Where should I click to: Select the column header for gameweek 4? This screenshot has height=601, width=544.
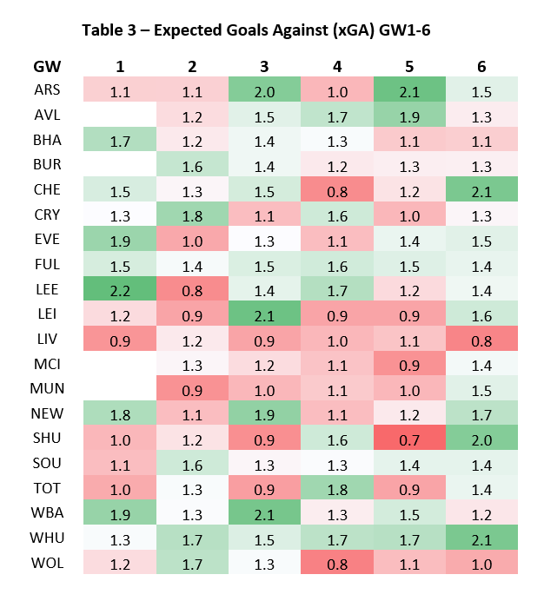337,67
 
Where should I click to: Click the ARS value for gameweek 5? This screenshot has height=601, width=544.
410,90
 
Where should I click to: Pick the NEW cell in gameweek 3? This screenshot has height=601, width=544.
264,413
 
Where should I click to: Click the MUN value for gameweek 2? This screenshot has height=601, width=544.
192,387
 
